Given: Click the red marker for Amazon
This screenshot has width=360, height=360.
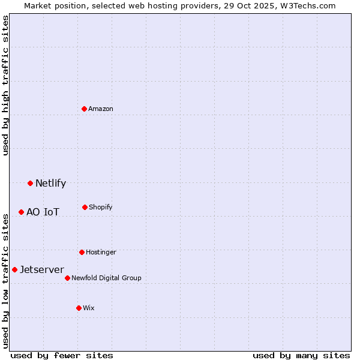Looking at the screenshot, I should [x=85, y=109].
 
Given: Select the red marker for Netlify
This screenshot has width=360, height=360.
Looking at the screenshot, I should [x=31, y=183].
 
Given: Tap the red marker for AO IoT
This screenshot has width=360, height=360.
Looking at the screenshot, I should [x=22, y=212].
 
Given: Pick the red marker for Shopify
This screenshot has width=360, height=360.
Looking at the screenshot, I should [x=85, y=207].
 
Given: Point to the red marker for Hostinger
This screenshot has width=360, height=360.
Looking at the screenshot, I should [x=82, y=252].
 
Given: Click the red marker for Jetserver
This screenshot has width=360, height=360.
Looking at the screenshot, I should [x=15, y=269].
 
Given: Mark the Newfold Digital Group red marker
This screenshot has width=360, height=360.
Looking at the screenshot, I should [x=67, y=278].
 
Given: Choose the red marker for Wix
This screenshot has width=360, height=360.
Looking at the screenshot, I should [x=79, y=308].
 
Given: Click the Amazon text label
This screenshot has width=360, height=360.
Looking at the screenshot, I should [x=101, y=109].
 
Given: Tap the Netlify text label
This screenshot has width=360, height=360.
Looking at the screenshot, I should [x=50, y=183].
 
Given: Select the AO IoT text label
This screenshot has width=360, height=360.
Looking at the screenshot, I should [x=43, y=212].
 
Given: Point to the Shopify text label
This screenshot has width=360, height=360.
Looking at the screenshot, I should [x=101, y=207].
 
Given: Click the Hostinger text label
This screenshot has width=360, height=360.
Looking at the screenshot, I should [x=101, y=252].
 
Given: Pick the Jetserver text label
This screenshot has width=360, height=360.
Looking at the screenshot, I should [x=42, y=269].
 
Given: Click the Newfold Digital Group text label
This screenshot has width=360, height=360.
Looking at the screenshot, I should [x=106, y=278].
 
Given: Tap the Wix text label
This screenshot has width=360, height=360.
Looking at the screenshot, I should [x=89, y=308].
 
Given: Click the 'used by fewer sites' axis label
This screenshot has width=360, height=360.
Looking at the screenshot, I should [x=62, y=355].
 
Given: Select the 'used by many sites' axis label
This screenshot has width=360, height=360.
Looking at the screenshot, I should [x=301, y=355].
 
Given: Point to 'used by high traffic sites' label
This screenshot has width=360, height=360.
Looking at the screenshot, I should [x=5, y=85].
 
